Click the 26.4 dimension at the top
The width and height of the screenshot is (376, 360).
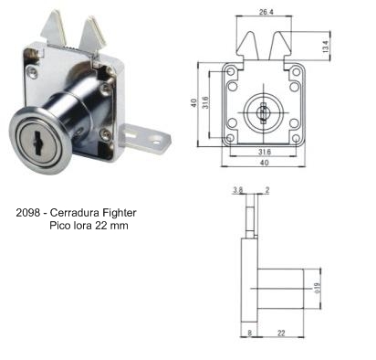point(266,12)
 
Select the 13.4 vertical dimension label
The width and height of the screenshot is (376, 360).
point(326,47)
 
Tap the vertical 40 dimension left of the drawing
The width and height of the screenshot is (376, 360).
point(193,103)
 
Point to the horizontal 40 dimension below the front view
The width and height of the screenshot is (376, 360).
point(264,163)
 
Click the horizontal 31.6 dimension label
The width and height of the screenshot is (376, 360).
point(265,152)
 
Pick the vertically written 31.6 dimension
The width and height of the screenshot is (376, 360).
point(206,102)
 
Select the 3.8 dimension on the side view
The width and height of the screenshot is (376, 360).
point(237,190)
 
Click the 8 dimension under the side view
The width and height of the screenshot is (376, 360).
point(250,333)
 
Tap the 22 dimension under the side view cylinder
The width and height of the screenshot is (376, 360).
point(281,333)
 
